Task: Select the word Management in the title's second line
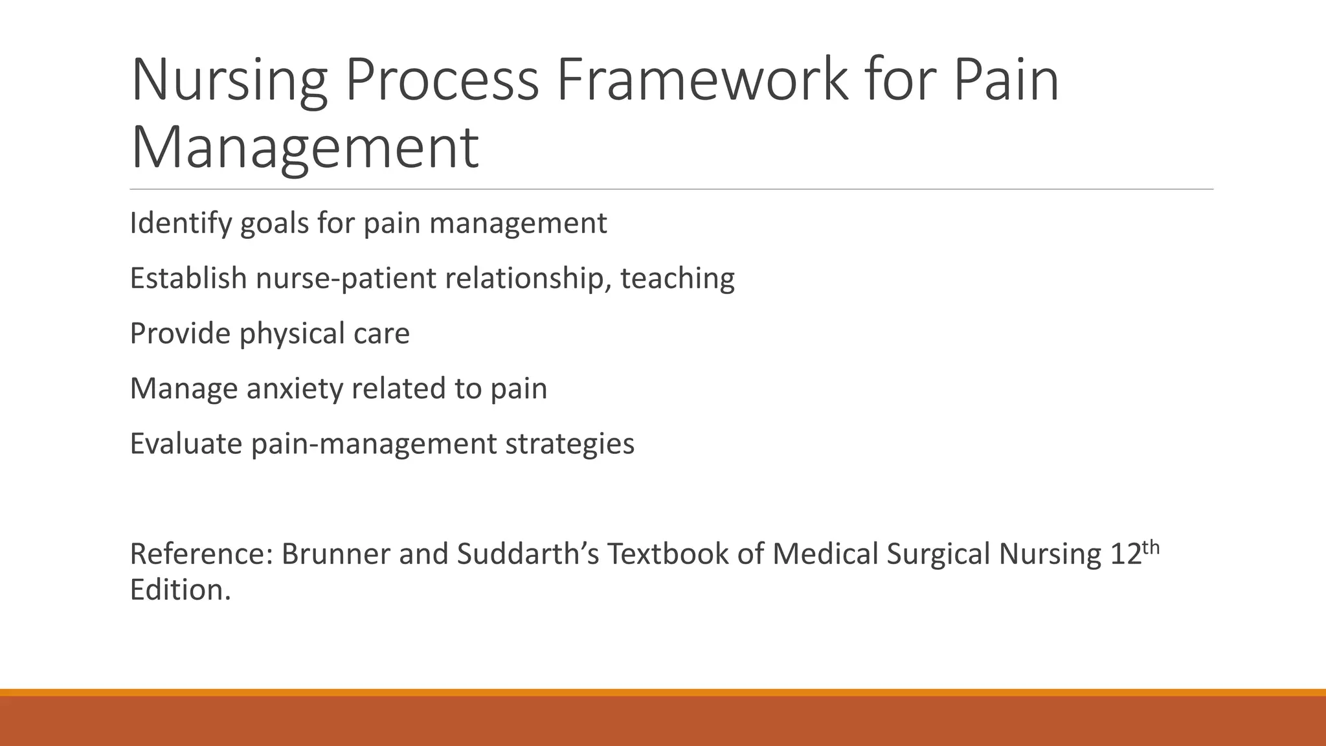click(x=304, y=149)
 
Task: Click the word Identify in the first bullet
click(x=180, y=224)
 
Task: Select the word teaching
click(x=677, y=279)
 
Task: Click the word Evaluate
click(x=186, y=444)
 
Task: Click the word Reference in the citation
click(x=201, y=554)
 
